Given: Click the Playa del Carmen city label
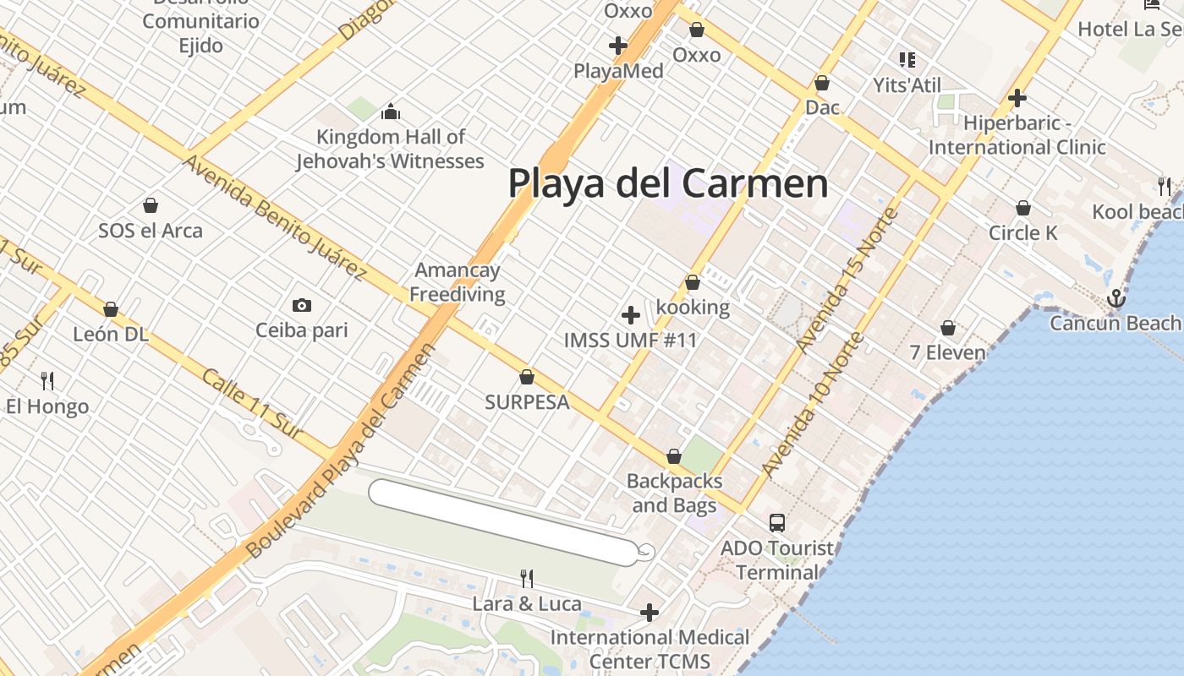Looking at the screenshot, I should coord(668,183).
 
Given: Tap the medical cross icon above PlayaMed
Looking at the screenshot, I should coord(618,45).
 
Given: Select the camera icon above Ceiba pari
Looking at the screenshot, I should coord(301,305).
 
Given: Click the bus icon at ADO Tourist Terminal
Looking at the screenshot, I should coord(777,522).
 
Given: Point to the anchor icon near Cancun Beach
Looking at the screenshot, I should coord(1117,298).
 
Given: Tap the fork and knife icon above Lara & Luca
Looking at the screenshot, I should coord(527,579).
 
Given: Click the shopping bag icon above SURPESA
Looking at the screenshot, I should coord(527,377).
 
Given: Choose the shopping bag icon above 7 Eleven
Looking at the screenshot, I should coord(948,328).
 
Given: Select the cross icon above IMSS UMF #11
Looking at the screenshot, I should coord(630,315).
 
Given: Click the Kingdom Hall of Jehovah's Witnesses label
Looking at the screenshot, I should coord(390,149).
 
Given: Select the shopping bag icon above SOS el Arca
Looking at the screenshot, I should coord(151,205).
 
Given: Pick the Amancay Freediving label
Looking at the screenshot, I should coord(457,282).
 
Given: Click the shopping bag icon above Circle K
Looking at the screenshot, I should coord(1022,208).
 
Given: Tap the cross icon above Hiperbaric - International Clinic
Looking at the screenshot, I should coord(1017,98).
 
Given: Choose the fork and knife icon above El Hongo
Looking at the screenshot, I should coord(47,381).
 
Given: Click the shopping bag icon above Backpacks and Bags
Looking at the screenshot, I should coord(674,457).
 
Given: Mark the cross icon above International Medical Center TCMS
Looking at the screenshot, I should coord(650,612).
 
